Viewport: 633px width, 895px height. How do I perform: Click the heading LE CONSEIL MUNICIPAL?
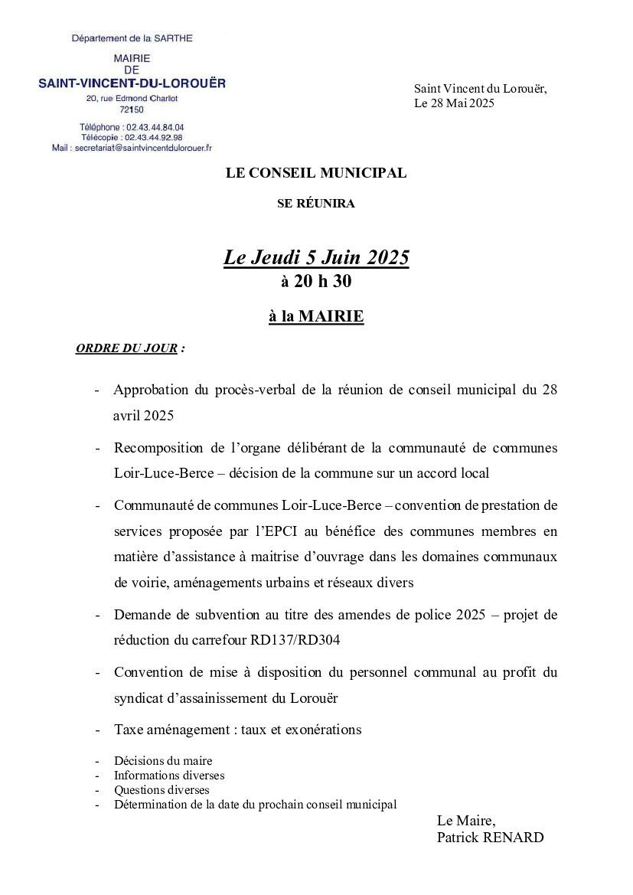pyautogui.click(x=316, y=173)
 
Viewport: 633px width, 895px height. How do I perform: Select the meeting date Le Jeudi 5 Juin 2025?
pyautogui.click(x=316, y=258)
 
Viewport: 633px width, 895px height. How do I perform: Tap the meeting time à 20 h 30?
pyautogui.click(x=316, y=282)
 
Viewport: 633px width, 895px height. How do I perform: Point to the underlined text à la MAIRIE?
pyautogui.click(x=316, y=316)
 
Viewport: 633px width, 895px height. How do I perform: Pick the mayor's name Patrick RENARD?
pyautogui.click(x=490, y=838)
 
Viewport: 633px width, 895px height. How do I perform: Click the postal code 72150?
pyautogui.click(x=132, y=109)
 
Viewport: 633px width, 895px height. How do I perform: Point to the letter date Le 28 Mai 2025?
pyautogui.click(x=455, y=103)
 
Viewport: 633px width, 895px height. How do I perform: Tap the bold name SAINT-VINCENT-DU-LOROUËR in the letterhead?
pyautogui.click(x=132, y=83)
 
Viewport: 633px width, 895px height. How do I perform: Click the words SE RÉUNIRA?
pyautogui.click(x=316, y=204)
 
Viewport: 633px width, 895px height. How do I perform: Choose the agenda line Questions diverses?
pyautogui.click(x=162, y=790)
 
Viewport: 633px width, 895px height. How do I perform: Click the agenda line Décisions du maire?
pyautogui.click(x=163, y=761)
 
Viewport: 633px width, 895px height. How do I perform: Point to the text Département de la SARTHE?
pyautogui.click(x=132, y=38)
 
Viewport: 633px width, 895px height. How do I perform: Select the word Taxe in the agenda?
pyautogui.click(x=129, y=730)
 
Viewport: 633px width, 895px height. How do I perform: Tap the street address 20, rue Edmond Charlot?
pyautogui.click(x=132, y=99)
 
